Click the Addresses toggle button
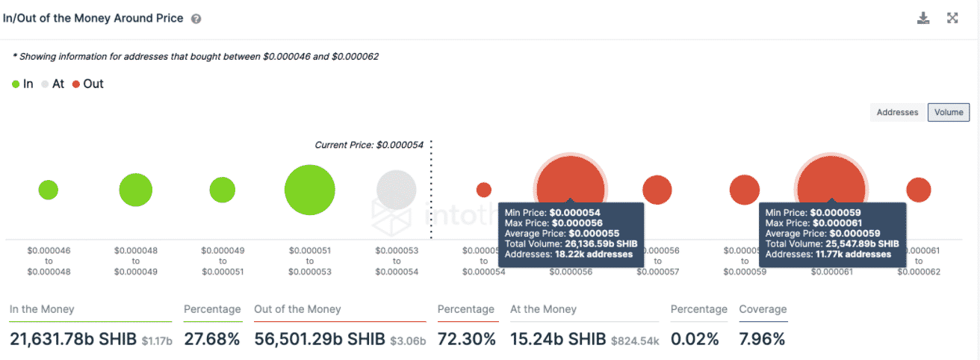[x=897, y=112]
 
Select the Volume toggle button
[x=948, y=112]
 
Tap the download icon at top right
[x=923, y=18]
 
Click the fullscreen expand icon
[x=952, y=18]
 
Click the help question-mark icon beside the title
[x=196, y=19]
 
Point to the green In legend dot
[x=16, y=84]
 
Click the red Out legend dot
[x=76, y=84]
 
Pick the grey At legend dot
[x=46, y=84]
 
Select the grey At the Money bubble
[x=396, y=190]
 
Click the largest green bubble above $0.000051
[x=309, y=190]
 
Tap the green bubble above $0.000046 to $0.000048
[x=48, y=190]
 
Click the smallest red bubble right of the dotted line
[x=484, y=190]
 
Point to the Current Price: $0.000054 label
[x=369, y=145]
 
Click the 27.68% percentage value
[x=212, y=339]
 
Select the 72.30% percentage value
[x=467, y=339]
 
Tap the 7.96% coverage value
[x=762, y=339]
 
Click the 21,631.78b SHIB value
[x=73, y=339]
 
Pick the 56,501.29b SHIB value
[x=320, y=339]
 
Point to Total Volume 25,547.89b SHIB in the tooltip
[x=832, y=243]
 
